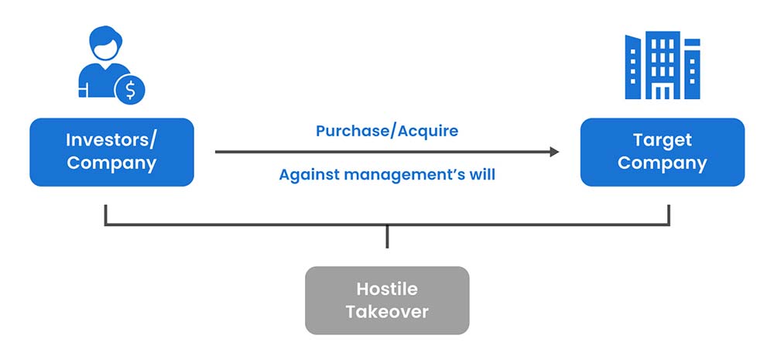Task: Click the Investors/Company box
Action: (x=111, y=152)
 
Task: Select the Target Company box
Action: (x=662, y=152)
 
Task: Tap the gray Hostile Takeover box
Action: (x=387, y=300)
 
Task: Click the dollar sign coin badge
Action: (x=130, y=91)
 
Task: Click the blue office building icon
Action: (x=662, y=66)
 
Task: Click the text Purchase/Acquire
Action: (x=387, y=131)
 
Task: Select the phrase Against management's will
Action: (x=387, y=175)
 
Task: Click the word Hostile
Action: (x=387, y=290)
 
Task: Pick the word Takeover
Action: (x=387, y=312)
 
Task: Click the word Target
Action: (x=662, y=141)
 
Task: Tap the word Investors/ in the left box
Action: (x=111, y=141)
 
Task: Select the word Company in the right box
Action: (x=662, y=163)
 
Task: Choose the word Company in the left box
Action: (x=111, y=163)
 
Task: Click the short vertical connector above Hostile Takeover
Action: (x=387, y=237)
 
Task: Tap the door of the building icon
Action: (x=663, y=92)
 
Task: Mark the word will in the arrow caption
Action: (x=481, y=175)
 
